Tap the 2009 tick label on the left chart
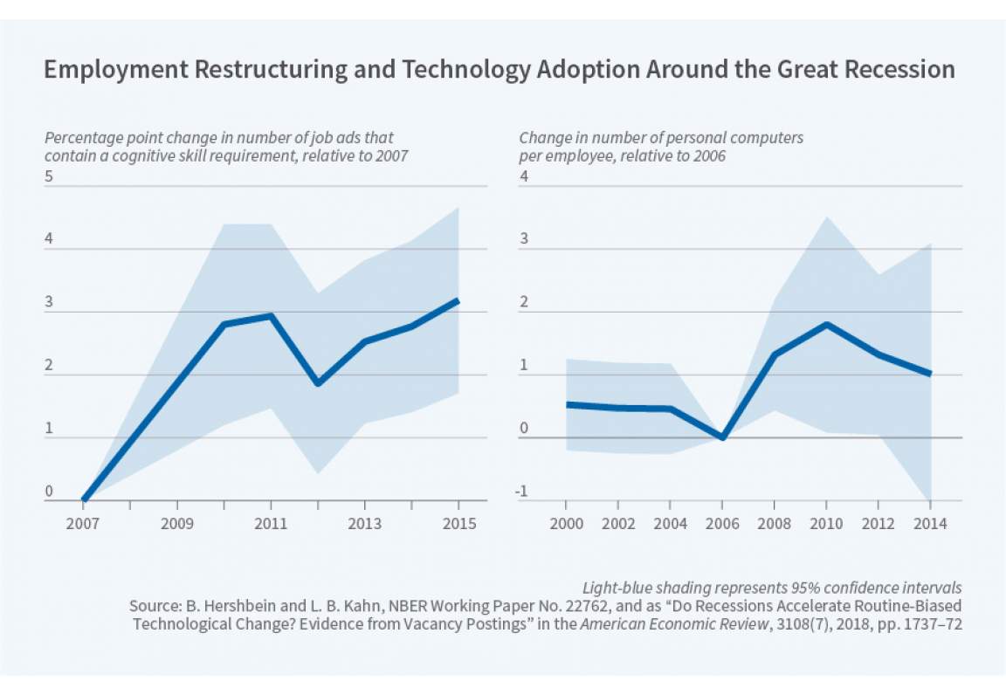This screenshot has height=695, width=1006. click(x=178, y=524)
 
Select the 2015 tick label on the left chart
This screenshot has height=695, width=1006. click(x=459, y=524)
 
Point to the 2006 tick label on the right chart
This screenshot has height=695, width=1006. click(x=722, y=524)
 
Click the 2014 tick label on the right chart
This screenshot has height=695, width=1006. click(x=930, y=524)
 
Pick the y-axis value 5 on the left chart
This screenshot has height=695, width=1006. click(x=49, y=176)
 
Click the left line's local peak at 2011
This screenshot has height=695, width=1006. click(x=272, y=316)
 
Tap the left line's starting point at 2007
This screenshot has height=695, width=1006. click(x=84, y=499)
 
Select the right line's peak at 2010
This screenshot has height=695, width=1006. click(x=826, y=325)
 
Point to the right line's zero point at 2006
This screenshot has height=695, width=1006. click(x=722, y=437)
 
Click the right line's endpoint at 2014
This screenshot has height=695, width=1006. click(x=930, y=374)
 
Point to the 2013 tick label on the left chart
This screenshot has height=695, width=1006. click(x=365, y=524)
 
